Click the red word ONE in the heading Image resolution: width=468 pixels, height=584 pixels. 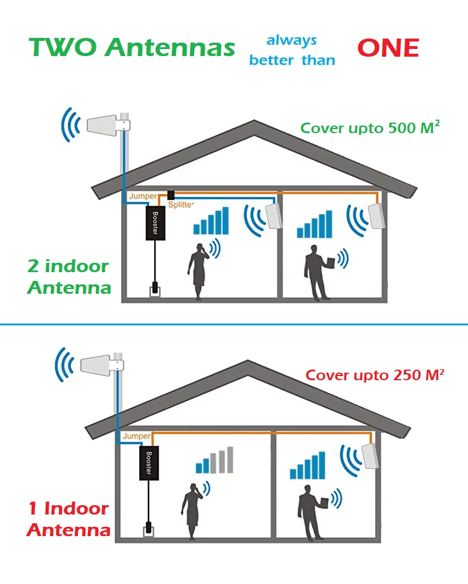click(388, 48)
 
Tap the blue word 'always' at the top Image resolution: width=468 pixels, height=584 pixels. click(291, 41)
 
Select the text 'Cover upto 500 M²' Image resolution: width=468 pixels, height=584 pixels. click(370, 128)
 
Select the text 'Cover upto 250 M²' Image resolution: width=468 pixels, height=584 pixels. click(375, 375)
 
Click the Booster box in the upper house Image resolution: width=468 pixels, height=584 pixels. click(156, 223)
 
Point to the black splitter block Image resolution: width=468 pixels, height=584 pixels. click(171, 194)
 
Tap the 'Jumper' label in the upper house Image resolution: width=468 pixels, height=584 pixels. click(143, 197)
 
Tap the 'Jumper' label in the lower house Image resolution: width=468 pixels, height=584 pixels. click(136, 436)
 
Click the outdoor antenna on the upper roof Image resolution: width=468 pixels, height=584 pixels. click(107, 124)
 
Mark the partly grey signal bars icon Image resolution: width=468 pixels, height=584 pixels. click(214, 460)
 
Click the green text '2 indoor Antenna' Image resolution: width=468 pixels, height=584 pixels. click(68, 277)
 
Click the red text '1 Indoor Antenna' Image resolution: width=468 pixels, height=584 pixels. click(68, 519)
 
